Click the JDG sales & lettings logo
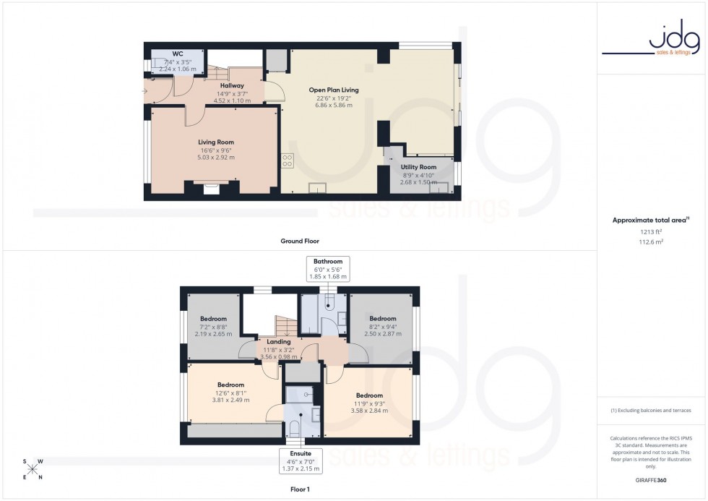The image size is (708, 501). pyautogui.click(x=651, y=41)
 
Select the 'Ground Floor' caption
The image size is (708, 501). pyautogui.click(x=301, y=241)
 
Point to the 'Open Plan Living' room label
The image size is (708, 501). pyautogui.click(x=334, y=90)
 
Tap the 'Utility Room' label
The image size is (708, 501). pyautogui.click(x=418, y=167)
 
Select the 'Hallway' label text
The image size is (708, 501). pyautogui.click(x=232, y=85)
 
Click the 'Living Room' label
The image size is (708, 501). pyautogui.click(x=216, y=142)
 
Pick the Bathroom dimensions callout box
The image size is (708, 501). pyautogui.click(x=328, y=268)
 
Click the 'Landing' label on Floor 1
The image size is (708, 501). pyautogui.click(x=278, y=342)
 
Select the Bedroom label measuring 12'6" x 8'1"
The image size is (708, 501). pyautogui.click(x=230, y=385)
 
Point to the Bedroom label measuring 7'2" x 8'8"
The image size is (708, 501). pyautogui.click(x=213, y=319)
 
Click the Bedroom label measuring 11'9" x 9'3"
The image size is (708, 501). pyautogui.click(x=368, y=395)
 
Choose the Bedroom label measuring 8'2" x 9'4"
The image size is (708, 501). pyautogui.click(x=382, y=319)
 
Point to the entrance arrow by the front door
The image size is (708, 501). pyautogui.click(x=145, y=91)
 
